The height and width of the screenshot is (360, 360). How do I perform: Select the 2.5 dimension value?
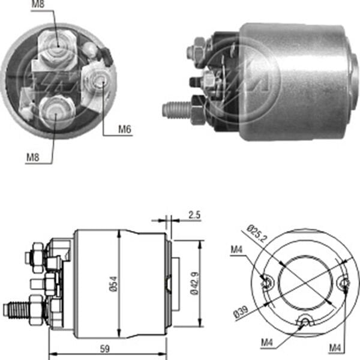[x=193, y=214]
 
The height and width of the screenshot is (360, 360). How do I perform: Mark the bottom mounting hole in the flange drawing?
[x=305, y=323]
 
